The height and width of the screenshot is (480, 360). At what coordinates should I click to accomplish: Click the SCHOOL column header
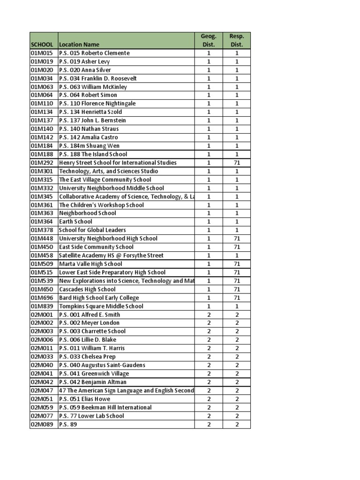coord(42,45)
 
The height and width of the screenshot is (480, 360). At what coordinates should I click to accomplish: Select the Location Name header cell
coord(79,45)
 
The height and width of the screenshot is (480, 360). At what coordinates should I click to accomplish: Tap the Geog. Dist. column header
coord(209,40)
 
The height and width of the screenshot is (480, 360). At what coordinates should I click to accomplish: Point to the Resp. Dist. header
coord(237,40)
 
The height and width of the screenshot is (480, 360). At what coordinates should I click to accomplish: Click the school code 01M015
coord(42,53)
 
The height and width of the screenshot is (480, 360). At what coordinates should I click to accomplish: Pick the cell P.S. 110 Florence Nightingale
coord(97,104)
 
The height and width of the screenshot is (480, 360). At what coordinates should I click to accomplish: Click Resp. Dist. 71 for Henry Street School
coord(237,163)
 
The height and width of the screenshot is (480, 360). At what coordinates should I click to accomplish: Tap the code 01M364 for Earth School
coord(42,221)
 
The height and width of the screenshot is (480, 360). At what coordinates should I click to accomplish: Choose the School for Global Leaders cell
coord(92,230)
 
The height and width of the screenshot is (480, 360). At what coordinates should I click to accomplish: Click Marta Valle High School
coord(90,264)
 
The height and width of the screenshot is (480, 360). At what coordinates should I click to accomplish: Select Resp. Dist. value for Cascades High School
coord(237,289)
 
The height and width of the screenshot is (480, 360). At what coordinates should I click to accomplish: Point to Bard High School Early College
coord(99,298)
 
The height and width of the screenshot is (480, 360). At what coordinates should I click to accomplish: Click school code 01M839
coord(42,306)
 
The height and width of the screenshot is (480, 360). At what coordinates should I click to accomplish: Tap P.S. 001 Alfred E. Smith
coord(90,315)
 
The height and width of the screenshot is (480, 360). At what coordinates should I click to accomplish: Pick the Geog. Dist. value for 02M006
coord(209,339)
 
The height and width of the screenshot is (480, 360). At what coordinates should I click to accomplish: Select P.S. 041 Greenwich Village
coord(94,374)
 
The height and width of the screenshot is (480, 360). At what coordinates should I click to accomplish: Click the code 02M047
coord(42,390)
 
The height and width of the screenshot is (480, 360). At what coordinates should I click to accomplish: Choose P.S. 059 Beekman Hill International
coord(105,407)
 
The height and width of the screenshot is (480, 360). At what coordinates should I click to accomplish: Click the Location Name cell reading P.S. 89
coord(68,424)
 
